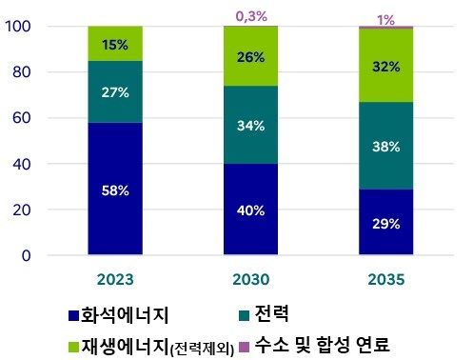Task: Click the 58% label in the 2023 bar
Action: (115, 190)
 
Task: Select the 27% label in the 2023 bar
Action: (115, 92)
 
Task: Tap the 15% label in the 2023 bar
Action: (115, 44)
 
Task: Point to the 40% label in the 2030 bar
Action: (251, 210)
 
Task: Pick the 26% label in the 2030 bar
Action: (251, 55)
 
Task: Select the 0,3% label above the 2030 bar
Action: (251, 14)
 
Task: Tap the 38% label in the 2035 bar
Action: (386, 146)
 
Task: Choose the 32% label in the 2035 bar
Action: (386, 67)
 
